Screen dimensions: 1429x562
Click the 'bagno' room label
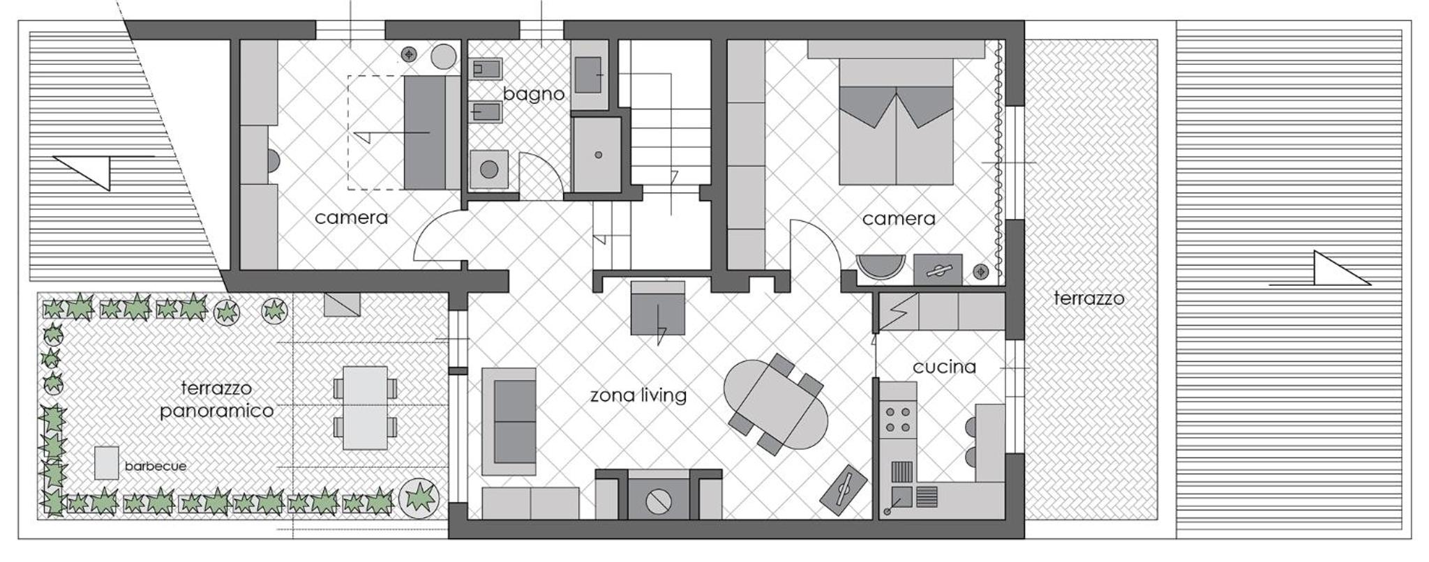pyautogui.click(x=534, y=94)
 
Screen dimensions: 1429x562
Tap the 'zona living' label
pyautogui.click(x=638, y=395)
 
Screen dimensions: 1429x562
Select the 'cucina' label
pyautogui.click(x=944, y=367)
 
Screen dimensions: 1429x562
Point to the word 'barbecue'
pyautogui.click(x=156, y=466)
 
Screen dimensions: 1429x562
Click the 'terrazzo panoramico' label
pyautogui.click(x=216, y=400)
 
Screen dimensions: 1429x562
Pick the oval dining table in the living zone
pyautogui.click(x=775, y=404)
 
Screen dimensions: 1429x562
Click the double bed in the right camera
pyautogui.click(x=896, y=121)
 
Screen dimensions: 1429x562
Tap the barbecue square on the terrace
pyautogui.click(x=107, y=463)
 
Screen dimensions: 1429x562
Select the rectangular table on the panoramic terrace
pyautogui.click(x=366, y=408)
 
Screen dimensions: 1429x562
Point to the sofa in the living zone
pyautogui.click(x=509, y=421)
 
